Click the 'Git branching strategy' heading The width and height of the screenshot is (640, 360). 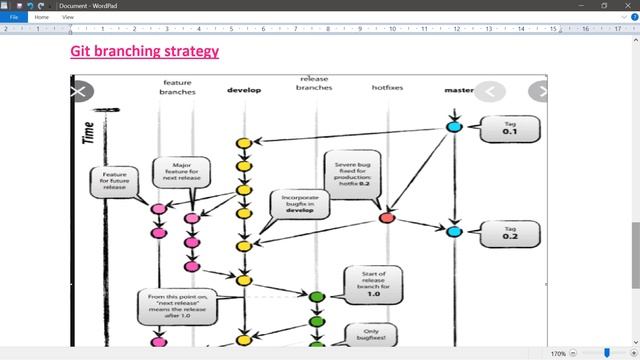(144, 51)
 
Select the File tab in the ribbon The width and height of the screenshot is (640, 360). (14, 17)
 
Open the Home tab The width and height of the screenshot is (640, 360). (42, 17)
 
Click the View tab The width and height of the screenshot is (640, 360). (68, 17)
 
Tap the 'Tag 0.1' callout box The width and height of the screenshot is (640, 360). (510, 127)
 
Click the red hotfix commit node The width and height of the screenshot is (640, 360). (387, 217)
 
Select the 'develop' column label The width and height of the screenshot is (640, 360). (244, 90)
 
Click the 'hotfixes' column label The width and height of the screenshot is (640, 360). (387, 88)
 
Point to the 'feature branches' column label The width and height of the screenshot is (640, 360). (177, 86)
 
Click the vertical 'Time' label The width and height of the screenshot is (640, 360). (88, 134)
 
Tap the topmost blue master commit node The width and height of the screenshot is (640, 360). (454, 127)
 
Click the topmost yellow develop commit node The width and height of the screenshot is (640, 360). (243, 143)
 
